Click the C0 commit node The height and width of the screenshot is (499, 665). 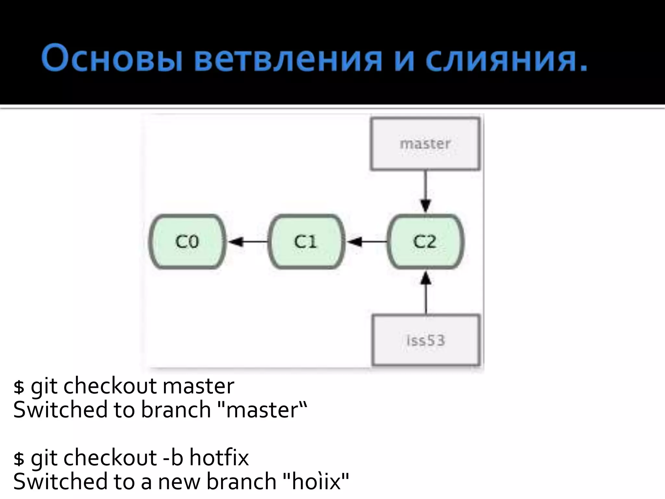[187, 242]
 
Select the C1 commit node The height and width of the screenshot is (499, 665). [306, 242]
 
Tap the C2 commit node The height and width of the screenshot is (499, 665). [425, 242]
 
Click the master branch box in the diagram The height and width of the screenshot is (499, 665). [425, 144]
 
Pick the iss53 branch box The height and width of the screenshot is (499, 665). [426, 340]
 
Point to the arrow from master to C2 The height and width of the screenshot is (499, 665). [426, 192]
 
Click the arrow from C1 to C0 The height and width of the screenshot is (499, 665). [247, 242]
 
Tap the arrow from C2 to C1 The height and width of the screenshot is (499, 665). [366, 242]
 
